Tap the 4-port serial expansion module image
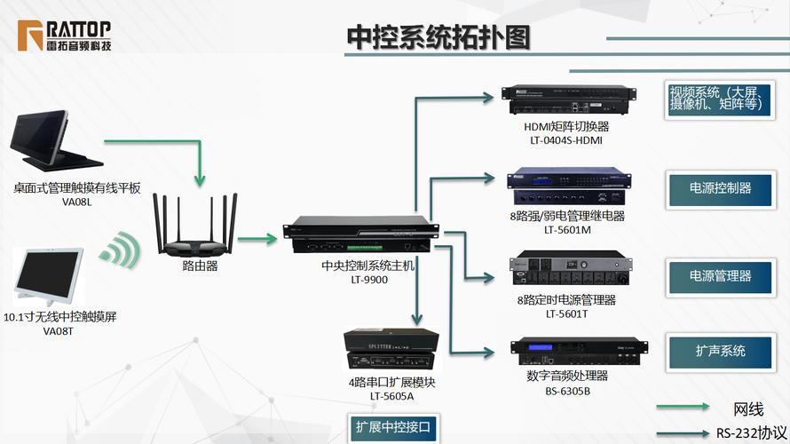pyautogui.click(x=391, y=350)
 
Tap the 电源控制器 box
pyautogui.click(x=720, y=188)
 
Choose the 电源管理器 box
pyautogui.click(x=720, y=275)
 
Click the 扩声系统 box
pyautogui.click(x=720, y=350)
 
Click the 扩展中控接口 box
pyautogui.click(x=391, y=426)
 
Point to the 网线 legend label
pyautogui.click(x=747, y=409)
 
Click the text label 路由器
pyautogui.click(x=200, y=265)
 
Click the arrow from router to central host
pyautogui.click(x=258, y=238)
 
